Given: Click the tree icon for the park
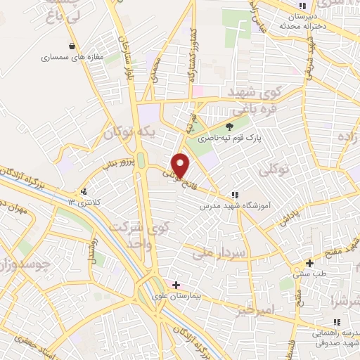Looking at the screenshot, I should coord(229,127).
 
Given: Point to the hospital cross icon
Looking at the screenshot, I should coord(176,285).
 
